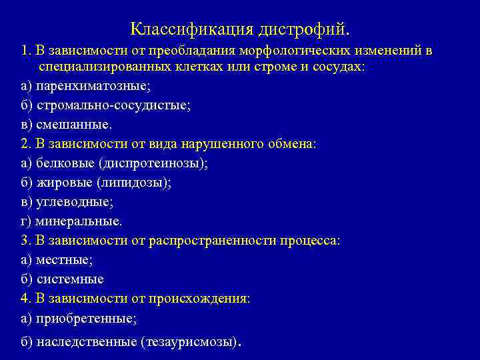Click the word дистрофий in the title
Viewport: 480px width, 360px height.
(305, 29)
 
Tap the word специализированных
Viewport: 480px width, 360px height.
(101, 68)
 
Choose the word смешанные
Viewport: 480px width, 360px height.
(73, 125)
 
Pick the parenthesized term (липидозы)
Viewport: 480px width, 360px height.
(133, 183)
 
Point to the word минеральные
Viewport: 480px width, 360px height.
(79, 221)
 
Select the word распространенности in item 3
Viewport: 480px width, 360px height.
(236, 241)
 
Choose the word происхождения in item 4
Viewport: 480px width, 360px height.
(203, 299)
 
